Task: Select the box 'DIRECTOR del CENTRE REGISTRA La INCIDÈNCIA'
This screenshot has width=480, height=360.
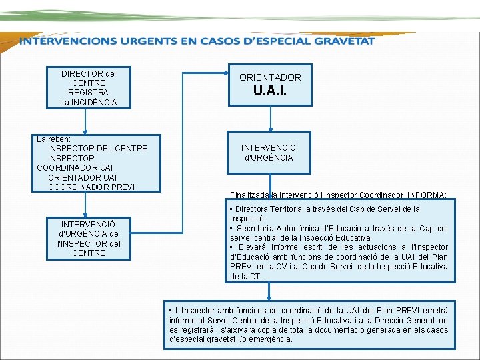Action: [x=88, y=87]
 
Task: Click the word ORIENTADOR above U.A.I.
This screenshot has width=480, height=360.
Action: [x=270, y=77]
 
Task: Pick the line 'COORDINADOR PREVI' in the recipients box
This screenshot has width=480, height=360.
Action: [x=91, y=187]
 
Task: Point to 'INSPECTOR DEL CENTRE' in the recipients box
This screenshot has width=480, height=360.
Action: [x=97, y=148]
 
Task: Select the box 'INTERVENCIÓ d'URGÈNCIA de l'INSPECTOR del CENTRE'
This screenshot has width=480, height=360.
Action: [x=88, y=239]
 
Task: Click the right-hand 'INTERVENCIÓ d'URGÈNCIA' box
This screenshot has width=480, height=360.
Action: [x=267, y=153]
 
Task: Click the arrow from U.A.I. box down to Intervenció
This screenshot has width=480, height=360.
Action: [x=270, y=118]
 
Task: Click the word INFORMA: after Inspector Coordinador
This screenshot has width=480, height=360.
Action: [x=427, y=195]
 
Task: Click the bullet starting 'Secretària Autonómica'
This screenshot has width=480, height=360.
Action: [x=339, y=233]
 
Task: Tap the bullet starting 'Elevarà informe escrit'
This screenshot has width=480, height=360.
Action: [x=339, y=261]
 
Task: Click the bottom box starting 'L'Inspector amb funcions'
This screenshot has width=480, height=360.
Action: [x=309, y=324]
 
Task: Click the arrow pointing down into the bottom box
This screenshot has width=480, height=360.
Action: [x=269, y=291]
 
